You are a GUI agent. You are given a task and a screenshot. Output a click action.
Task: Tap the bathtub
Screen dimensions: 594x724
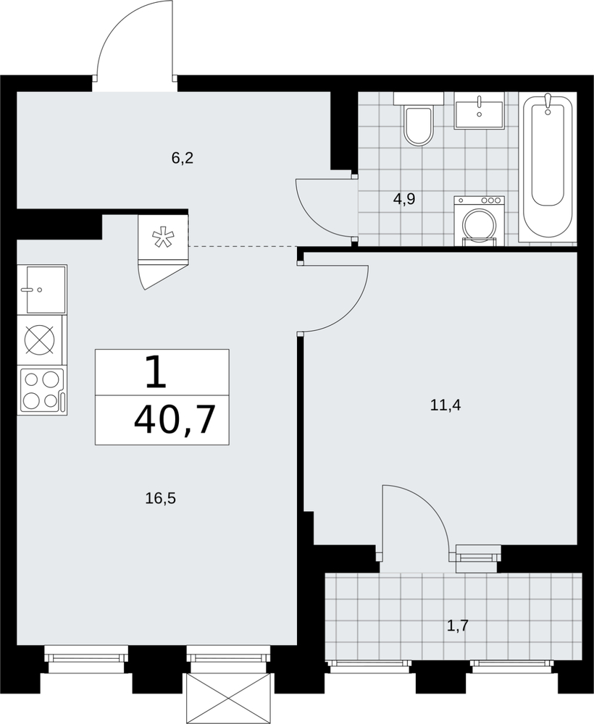(x=548, y=167)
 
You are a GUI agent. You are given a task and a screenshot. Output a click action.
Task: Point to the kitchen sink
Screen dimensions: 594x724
(x=42, y=289)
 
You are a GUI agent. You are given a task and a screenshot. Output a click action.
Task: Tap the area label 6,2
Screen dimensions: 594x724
(x=182, y=159)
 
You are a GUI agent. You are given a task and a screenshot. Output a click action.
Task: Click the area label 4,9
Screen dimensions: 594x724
(x=404, y=199)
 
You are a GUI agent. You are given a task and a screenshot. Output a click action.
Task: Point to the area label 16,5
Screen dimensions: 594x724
(x=162, y=498)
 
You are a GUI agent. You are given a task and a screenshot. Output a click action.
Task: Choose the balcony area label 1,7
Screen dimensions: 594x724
(x=459, y=626)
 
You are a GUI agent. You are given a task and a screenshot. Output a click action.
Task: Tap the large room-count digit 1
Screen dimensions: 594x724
(x=156, y=371)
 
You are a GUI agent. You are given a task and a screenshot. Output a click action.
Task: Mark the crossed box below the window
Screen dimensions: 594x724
(x=227, y=698)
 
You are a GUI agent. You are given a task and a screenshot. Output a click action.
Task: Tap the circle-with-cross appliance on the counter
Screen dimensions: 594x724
(x=39, y=340)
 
